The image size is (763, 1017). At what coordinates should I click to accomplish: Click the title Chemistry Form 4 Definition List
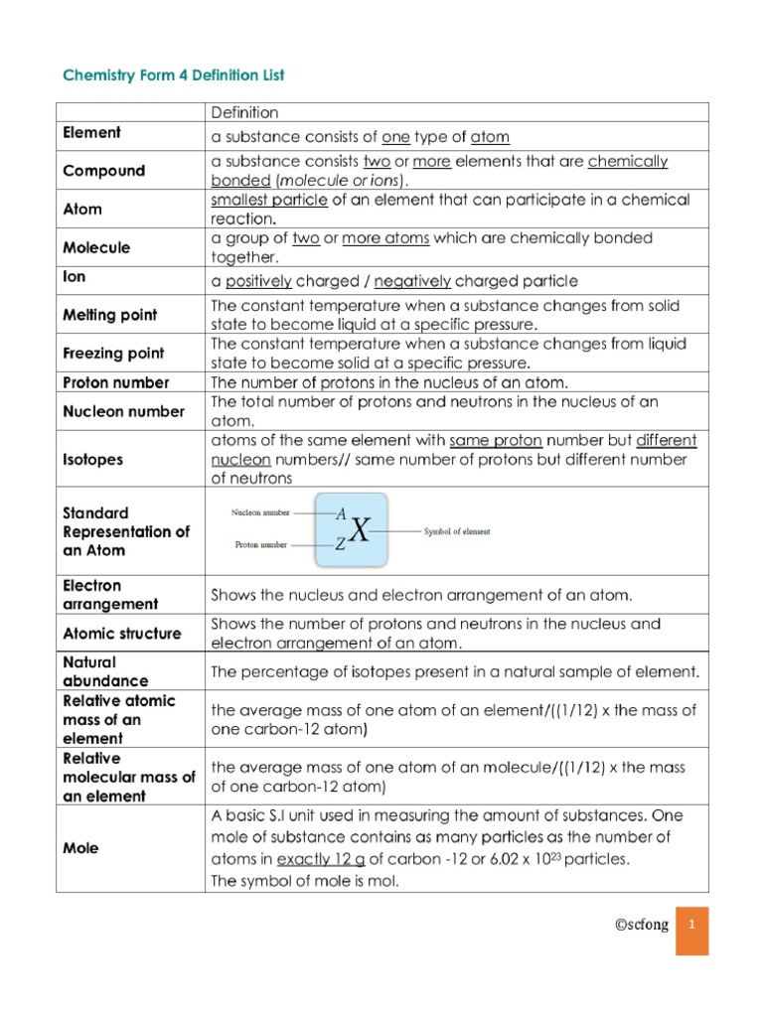point(174,75)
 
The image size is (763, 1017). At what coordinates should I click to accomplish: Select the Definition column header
point(244,113)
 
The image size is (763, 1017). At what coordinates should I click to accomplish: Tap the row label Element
point(92,133)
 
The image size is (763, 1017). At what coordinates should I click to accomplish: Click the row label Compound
point(104,171)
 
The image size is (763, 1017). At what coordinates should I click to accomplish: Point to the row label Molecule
point(97,247)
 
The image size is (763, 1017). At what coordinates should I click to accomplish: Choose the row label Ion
point(75,279)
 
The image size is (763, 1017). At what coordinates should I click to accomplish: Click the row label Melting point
point(110,315)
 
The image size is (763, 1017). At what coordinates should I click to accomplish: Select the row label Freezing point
point(114,354)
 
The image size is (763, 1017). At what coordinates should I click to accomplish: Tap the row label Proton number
point(116,382)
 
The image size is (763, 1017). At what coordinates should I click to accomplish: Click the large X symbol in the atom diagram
point(359,532)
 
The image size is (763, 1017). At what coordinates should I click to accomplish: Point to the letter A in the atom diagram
point(341,514)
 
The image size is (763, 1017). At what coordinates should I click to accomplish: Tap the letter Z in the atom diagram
point(340,544)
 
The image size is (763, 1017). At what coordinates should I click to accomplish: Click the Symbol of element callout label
point(457,531)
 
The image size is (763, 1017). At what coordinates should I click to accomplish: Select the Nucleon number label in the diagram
point(261,513)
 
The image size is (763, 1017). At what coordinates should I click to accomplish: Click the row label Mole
point(81,849)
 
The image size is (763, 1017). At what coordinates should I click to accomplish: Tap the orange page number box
point(692,930)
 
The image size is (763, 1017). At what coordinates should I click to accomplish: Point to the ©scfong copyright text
point(640,925)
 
